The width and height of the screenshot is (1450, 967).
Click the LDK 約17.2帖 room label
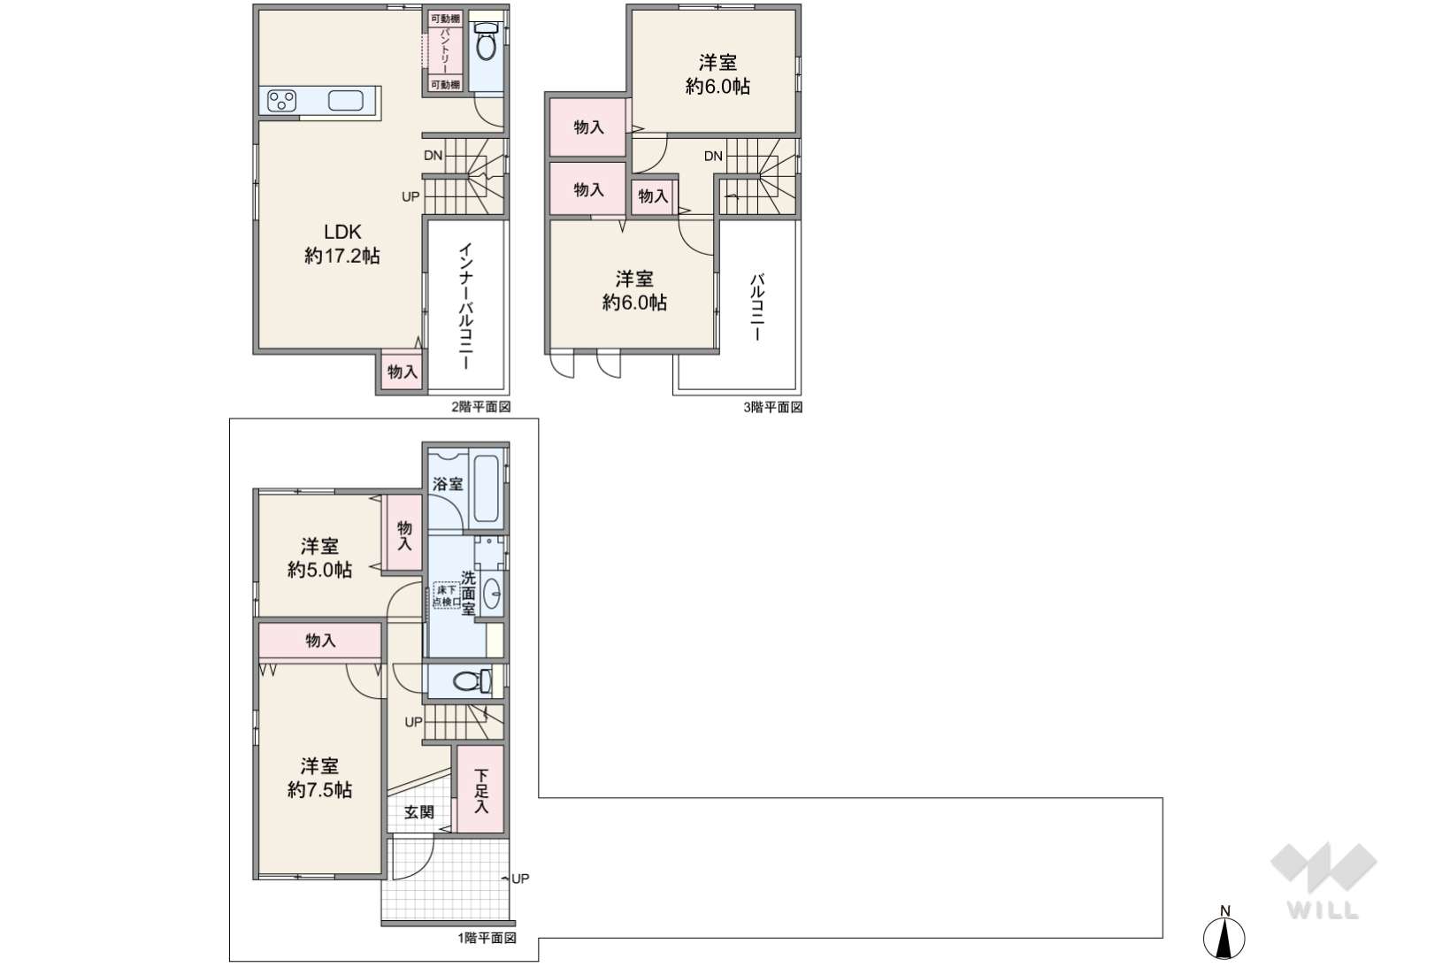[341, 243]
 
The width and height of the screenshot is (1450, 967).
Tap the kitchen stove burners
[281, 101]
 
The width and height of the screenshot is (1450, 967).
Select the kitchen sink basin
[346, 101]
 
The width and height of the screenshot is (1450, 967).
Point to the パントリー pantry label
[445, 50]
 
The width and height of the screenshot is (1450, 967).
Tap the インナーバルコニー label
[465, 306]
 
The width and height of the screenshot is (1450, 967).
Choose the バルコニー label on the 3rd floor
[756, 308]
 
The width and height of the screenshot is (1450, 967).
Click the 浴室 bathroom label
[448, 483]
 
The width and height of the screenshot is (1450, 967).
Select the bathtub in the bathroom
[487, 488]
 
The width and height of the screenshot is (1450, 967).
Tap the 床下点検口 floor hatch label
[447, 595]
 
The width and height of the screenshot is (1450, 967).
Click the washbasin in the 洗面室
[492, 593]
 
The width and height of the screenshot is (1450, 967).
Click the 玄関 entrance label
[418, 811]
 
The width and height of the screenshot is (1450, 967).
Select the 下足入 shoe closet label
[481, 790]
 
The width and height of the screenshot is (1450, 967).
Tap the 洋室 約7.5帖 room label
[319, 778]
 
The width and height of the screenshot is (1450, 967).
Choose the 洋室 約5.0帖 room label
[319, 558]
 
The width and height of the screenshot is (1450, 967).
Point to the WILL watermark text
[1323, 910]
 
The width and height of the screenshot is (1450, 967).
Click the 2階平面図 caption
[481, 407]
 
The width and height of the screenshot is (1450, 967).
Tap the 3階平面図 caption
[773, 407]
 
